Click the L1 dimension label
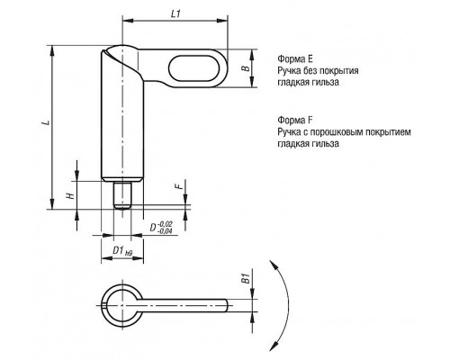[175, 13]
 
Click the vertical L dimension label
[46, 122]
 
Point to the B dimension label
[246, 68]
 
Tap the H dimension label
[70, 195]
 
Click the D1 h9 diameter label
[122, 251]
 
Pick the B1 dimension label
[246, 278]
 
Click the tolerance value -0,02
[165, 224]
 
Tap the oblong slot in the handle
[191, 68]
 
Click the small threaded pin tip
[122, 195]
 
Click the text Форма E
[295, 58]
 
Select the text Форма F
[295, 121]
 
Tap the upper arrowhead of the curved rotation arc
[273, 265]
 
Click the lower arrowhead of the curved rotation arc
[273, 346]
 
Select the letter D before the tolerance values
[153, 228]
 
